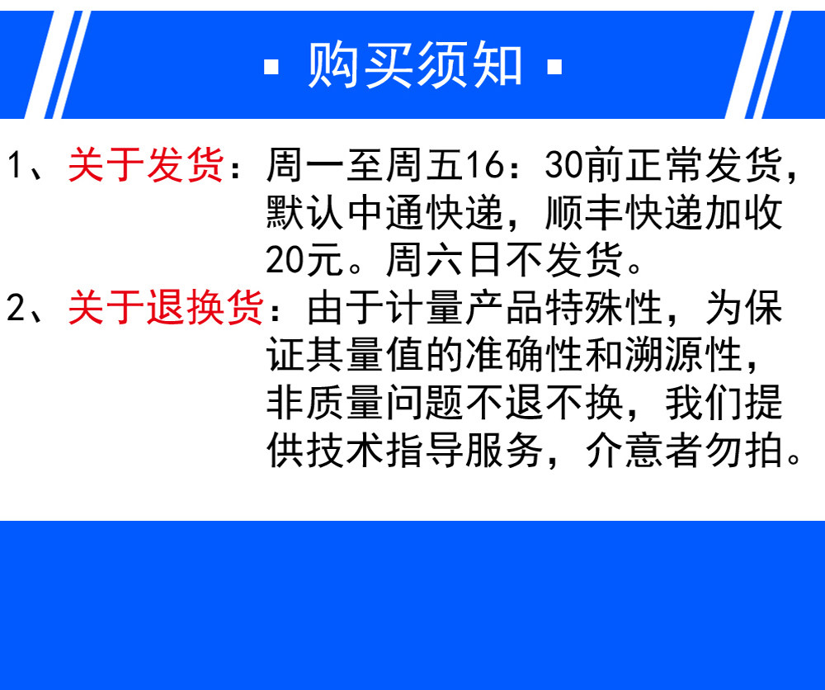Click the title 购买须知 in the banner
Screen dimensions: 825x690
pyautogui.click(x=415, y=65)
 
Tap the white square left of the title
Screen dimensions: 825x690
pyautogui.click(x=271, y=67)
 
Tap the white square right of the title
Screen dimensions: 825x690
pyautogui.click(x=554, y=67)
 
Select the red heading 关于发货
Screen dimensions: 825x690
pyautogui.click(x=146, y=165)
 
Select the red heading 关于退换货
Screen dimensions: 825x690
pyautogui.click(x=166, y=307)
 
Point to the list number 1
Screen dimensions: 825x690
pyautogui.click(x=16, y=165)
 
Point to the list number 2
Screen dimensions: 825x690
pyautogui.click(x=16, y=307)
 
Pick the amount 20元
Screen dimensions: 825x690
pyautogui.click(x=305, y=260)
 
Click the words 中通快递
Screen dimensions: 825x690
pyautogui.click(x=425, y=213)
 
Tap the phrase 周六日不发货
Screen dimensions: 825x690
pyautogui.click(x=504, y=260)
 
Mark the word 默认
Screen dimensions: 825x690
pyautogui.click(x=305, y=213)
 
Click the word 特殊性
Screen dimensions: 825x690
pyautogui.click(x=604, y=307)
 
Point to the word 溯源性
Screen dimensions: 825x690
pyautogui.click(x=683, y=355)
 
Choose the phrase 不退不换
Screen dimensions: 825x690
pyautogui.click(x=544, y=403)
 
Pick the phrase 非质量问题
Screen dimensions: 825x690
pyautogui.click(x=365, y=403)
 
